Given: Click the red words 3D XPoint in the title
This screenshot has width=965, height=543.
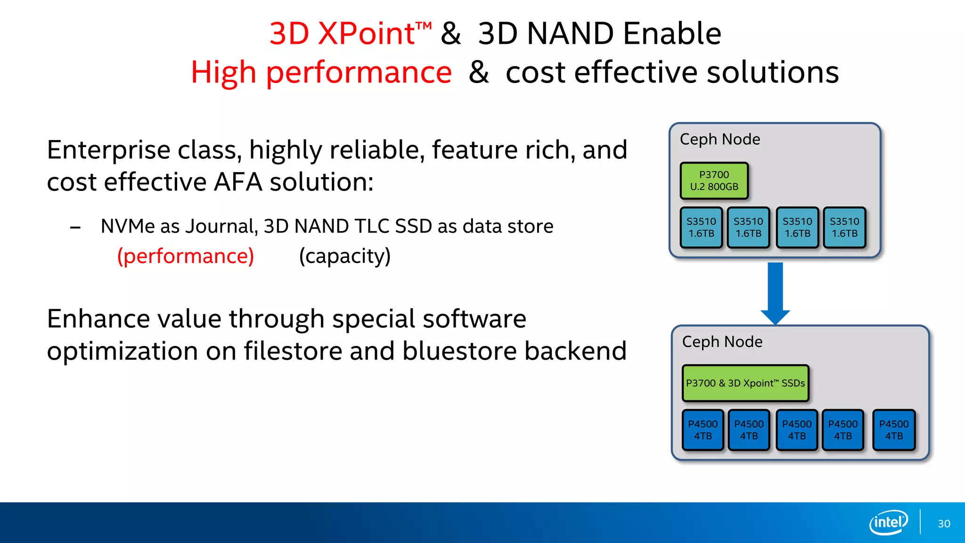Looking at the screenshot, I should click(x=343, y=34).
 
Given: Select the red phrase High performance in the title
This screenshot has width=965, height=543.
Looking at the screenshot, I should click(x=321, y=73).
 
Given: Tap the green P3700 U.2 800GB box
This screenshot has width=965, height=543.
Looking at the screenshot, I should click(x=714, y=181).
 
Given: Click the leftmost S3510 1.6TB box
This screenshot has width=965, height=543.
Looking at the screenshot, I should click(x=701, y=227).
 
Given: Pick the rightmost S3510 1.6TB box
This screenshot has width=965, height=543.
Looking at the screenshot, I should click(x=844, y=227).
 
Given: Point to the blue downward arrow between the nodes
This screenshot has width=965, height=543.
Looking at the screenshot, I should click(x=775, y=292).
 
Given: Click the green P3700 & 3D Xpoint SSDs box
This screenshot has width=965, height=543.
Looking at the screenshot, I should click(x=745, y=383).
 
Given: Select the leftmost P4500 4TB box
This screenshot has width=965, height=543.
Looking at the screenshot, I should click(x=703, y=430).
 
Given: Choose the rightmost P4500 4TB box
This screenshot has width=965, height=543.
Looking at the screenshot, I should click(x=894, y=430).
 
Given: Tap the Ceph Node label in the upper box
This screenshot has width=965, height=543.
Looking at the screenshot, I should click(x=720, y=140).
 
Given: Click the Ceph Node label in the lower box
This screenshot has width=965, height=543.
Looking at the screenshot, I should click(x=722, y=342).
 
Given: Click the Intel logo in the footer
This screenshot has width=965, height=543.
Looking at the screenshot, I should click(x=888, y=522).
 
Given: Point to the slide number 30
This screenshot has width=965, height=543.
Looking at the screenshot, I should click(x=944, y=524).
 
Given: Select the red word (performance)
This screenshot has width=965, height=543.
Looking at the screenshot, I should click(x=186, y=256).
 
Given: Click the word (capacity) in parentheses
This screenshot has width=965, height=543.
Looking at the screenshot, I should click(x=345, y=256).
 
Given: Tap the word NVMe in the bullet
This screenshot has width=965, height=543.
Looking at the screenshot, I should click(x=128, y=226).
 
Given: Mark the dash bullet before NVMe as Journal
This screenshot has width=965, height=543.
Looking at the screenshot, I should click(x=75, y=228).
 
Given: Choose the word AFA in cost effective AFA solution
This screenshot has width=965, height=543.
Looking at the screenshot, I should click(x=237, y=182).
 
